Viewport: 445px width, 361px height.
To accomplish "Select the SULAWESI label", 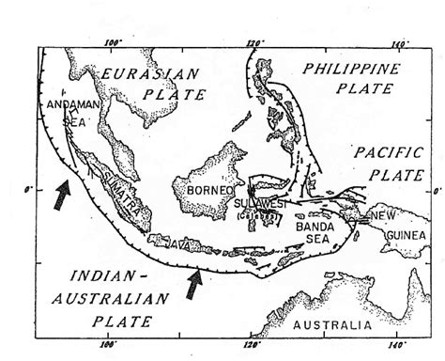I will (x=256, y=202).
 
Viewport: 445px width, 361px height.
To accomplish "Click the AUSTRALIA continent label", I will (x=328, y=324).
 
